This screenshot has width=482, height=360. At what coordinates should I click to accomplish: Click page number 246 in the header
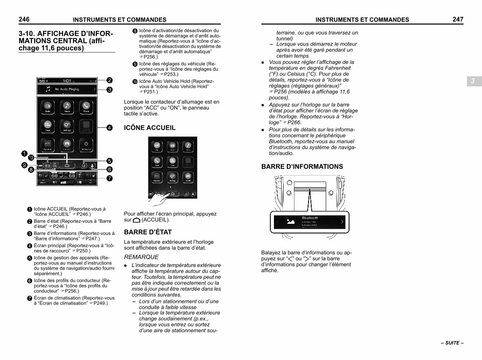(24, 19)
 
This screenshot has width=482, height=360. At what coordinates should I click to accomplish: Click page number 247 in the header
(457, 19)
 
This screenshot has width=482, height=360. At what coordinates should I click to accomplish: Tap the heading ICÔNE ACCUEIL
(150, 128)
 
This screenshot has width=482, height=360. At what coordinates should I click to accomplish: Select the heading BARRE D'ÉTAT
(148, 232)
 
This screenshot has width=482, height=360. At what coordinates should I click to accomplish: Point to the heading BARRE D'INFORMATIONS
(302, 166)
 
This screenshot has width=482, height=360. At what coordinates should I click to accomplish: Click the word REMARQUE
(141, 257)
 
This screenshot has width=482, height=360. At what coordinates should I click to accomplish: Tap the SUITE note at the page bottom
(452, 343)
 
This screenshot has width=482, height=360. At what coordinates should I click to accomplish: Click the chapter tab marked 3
(473, 81)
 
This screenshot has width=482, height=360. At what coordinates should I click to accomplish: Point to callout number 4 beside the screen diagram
(109, 128)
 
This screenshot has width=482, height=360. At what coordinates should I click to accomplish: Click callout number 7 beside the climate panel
(109, 178)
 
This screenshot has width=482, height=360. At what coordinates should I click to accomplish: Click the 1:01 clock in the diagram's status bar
(67, 80)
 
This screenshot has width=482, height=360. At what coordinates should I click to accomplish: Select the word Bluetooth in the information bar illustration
(310, 218)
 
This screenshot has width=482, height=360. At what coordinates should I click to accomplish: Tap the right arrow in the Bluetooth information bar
(342, 222)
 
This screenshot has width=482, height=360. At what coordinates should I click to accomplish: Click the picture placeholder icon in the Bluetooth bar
(291, 221)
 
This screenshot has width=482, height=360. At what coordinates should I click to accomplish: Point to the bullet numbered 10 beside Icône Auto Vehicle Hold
(135, 82)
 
